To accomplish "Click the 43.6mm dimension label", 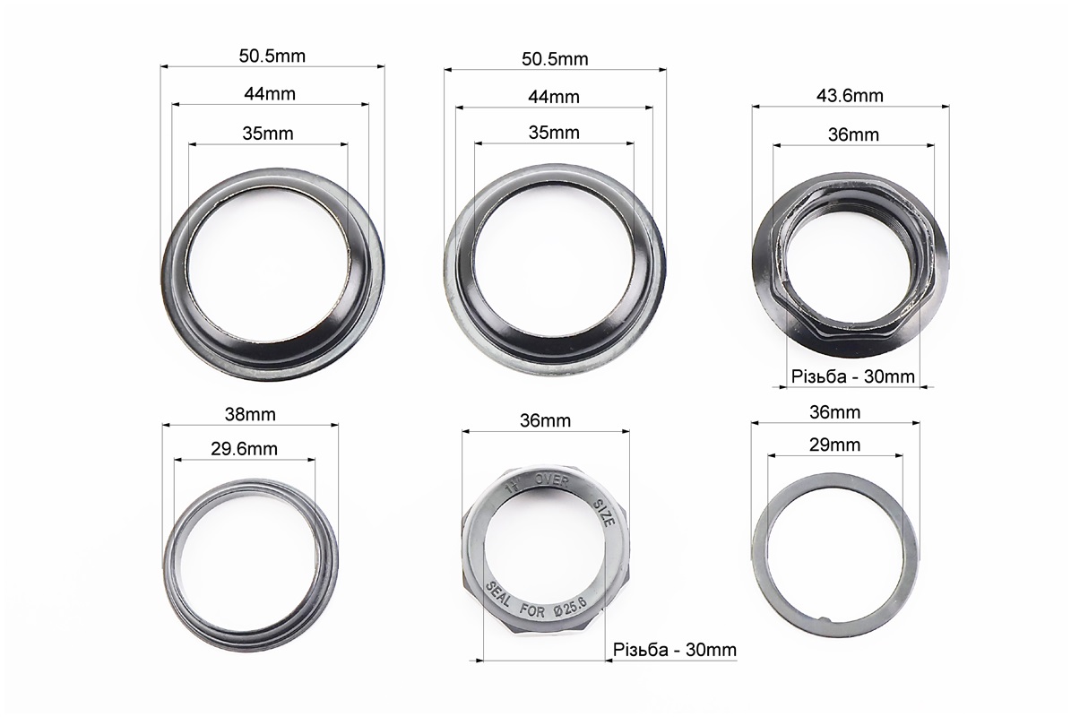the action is [850, 96].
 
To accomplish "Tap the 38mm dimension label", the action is [250, 414].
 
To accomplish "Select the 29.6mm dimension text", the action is [244, 449].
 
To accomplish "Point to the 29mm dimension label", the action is [834, 445].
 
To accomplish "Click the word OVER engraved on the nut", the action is [552, 480].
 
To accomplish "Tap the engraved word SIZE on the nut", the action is [604, 512].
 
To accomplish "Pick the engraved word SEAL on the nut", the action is [498, 595].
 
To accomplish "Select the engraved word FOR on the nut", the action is [532, 609].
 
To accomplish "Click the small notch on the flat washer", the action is [825, 619].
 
